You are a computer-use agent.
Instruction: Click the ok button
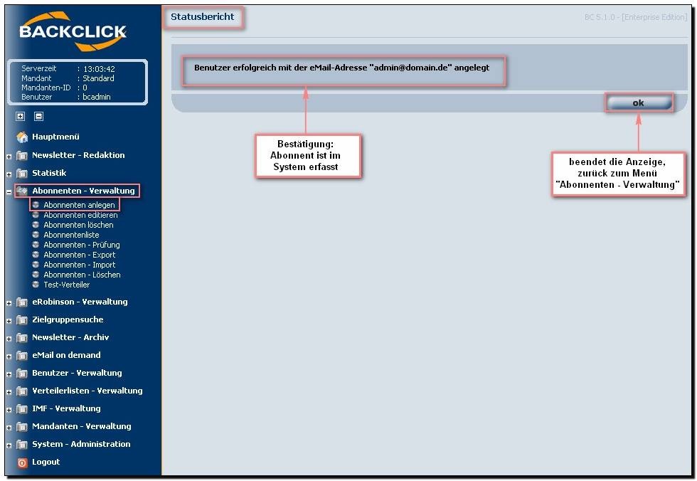click(638, 103)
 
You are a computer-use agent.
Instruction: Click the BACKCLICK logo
click(73, 32)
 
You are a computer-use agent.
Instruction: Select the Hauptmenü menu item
click(55, 137)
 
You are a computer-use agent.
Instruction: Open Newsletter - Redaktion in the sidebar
click(78, 155)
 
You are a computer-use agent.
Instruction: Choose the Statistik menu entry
click(49, 173)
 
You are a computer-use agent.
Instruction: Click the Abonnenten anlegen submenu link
click(79, 205)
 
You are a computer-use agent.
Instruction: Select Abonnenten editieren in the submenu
click(80, 215)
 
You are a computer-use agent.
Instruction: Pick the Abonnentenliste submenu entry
click(71, 235)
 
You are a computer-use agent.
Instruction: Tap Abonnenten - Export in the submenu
click(79, 255)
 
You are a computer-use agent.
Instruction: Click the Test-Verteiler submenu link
click(66, 285)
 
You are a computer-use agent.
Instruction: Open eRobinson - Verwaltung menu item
click(80, 302)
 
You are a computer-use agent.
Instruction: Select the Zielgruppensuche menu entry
click(68, 319)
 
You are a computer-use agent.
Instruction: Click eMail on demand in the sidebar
click(66, 355)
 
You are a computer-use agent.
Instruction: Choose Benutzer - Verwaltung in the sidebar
click(77, 373)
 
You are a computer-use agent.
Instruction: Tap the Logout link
click(46, 462)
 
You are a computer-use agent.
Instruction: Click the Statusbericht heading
click(203, 17)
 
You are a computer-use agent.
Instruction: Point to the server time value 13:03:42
click(99, 69)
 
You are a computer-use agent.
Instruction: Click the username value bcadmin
click(97, 97)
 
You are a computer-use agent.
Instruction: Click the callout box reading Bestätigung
click(307, 156)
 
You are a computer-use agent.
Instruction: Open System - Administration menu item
click(81, 444)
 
